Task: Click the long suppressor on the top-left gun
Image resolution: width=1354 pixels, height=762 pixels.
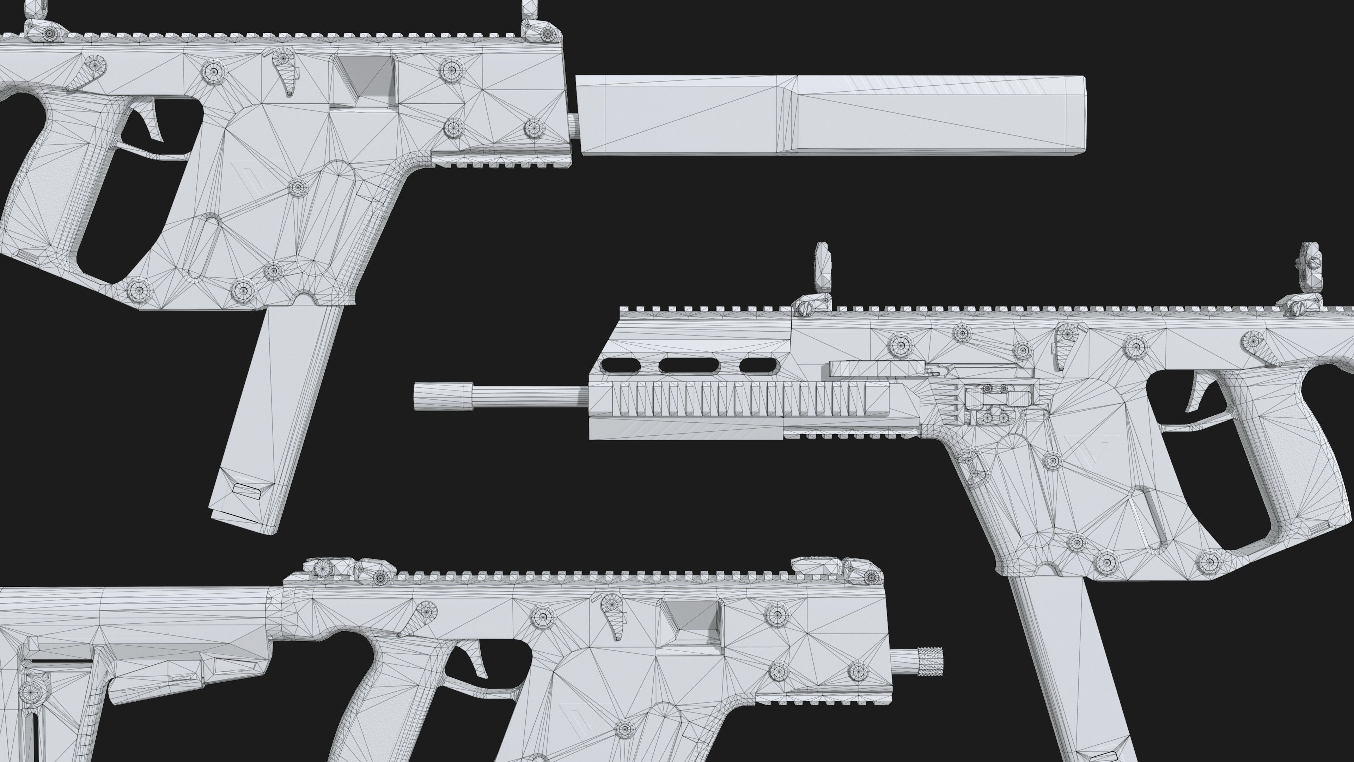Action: coord(830,116)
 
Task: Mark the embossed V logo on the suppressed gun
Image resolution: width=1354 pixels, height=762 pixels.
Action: coord(252,176)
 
